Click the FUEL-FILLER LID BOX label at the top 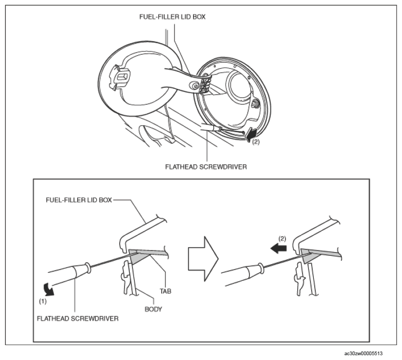pos(172,17)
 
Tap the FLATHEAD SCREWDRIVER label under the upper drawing pos(206,167)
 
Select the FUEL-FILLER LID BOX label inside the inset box pos(79,200)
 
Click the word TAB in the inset pos(165,291)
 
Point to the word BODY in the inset pos(153,309)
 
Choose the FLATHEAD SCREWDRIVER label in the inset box pos(78,319)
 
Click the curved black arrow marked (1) pos(49,289)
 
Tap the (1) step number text pos(43,302)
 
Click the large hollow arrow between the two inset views pos(203,259)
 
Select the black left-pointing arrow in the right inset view pos(279,248)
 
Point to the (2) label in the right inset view pos(282,239)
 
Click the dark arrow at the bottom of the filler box pos(251,135)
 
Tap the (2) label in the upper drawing pos(256,141)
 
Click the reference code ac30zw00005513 pos(363,354)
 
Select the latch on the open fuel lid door pos(120,77)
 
